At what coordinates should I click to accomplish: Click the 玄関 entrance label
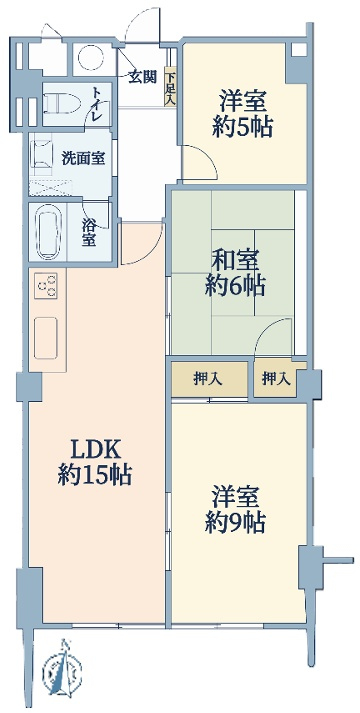(x=142, y=77)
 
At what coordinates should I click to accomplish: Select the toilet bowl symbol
(x=62, y=104)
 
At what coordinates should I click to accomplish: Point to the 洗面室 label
(x=83, y=159)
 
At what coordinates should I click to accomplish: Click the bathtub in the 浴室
(x=48, y=232)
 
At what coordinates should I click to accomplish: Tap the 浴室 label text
(x=89, y=233)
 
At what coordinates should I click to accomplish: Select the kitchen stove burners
(x=46, y=286)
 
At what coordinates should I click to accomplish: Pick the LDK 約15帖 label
(x=95, y=462)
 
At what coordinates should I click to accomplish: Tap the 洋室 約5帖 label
(x=243, y=114)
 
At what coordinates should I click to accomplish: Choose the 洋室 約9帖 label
(x=235, y=510)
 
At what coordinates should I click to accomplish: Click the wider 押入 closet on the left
(x=210, y=379)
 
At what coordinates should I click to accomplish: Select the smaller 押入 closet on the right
(x=276, y=379)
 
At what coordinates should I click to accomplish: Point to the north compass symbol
(x=62, y=669)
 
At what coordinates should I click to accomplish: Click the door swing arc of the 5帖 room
(x=206, y=157)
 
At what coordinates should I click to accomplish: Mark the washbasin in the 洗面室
(x=42, y=155)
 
